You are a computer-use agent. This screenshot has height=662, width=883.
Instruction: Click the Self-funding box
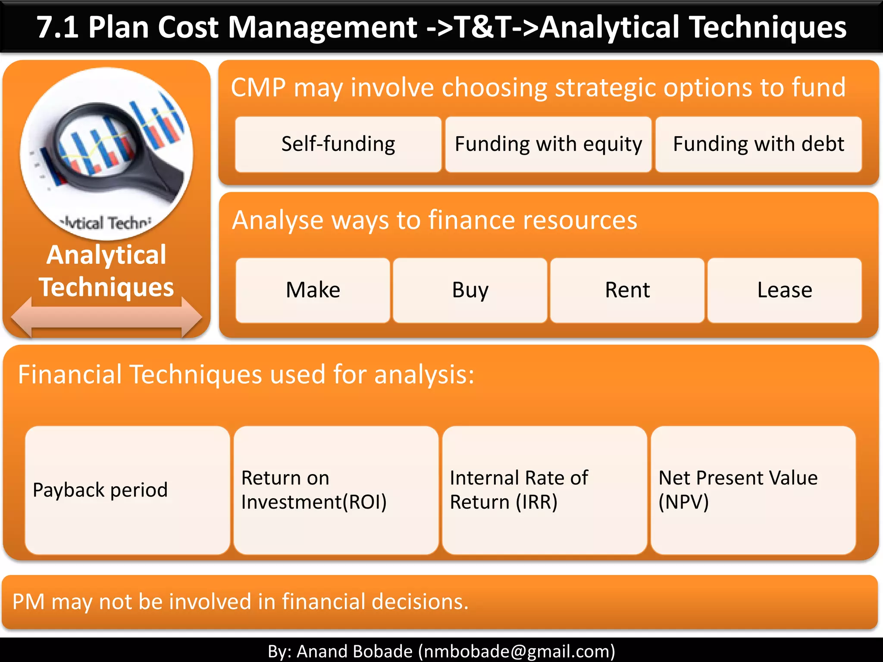338,144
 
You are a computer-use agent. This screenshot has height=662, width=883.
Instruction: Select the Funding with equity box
548,144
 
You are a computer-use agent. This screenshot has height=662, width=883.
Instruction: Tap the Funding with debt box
758,144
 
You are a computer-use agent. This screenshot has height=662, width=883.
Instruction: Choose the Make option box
313,290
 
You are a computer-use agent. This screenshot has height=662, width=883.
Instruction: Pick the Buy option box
470,290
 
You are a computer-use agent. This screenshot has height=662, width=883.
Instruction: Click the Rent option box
627,290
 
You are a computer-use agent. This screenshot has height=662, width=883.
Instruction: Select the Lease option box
784,290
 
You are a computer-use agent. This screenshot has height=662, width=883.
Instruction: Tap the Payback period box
127,490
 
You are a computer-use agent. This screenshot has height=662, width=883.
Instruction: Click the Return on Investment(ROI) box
335,490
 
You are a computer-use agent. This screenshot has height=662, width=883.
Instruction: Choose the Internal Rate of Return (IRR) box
544,490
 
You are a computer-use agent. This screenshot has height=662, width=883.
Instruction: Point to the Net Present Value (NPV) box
753,490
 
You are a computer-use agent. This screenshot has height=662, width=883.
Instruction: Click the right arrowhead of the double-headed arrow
191,318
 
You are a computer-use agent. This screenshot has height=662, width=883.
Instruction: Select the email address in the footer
516,651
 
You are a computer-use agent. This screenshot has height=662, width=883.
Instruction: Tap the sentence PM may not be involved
240,601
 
